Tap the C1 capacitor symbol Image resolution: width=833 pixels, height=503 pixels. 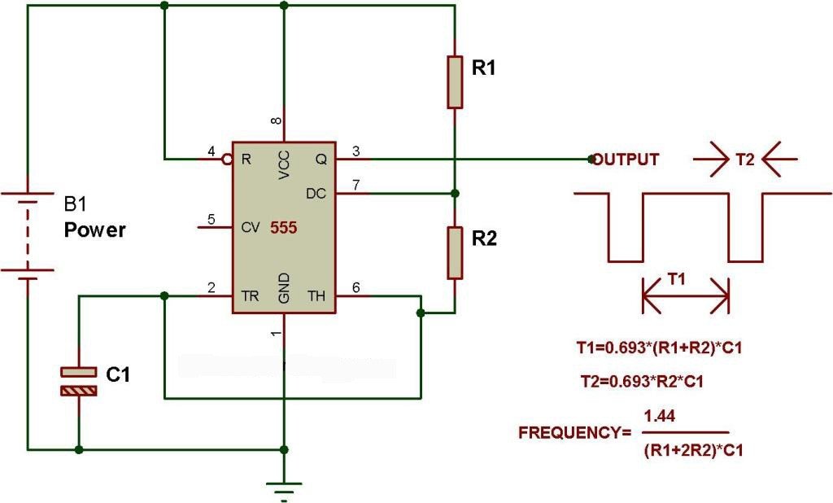[79, 381]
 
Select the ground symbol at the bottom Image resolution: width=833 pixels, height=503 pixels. [284, 488]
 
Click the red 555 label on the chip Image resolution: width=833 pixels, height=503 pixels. [284, 229]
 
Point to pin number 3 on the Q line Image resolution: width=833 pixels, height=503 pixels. [355, 151]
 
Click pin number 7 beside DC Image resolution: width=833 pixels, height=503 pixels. [355, 185]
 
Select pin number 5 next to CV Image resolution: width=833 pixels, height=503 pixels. [212, 219]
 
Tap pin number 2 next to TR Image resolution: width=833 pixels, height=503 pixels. [212, 287]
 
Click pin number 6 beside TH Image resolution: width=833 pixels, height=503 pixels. [355, 287]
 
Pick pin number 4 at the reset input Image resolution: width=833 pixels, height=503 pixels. [212, 151]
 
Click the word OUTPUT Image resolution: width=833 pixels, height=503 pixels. [626, 160]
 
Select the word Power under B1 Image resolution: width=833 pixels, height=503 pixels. [95, 230]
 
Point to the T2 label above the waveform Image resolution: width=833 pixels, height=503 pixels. [745, 160]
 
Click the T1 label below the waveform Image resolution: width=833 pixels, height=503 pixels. [676, 279]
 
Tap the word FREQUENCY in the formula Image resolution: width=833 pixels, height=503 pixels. [569, 433]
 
